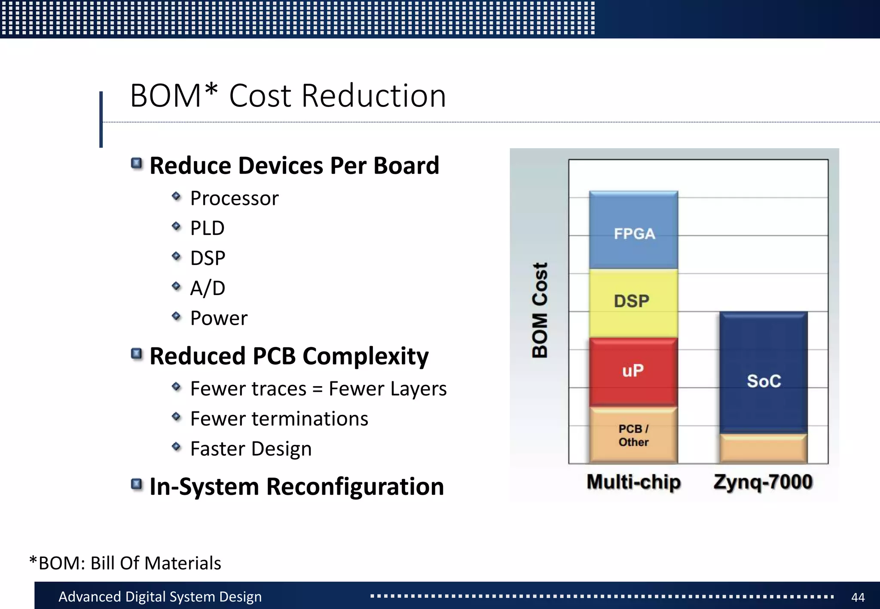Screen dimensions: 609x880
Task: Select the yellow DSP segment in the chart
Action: pos(633,302)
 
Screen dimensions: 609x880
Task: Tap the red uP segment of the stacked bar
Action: pos(633,371)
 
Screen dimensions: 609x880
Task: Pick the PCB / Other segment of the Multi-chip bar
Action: pos(633,435)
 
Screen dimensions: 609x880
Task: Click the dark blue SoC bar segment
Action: pos(764,372)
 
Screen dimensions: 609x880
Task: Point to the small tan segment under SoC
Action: pos(764,449)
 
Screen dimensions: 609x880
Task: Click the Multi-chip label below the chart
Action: pos(634,482)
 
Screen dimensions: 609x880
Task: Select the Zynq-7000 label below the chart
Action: pos(763,482)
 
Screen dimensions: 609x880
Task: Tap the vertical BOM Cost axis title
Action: pos(540,310)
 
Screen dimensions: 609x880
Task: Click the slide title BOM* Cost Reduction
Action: pos(288,95)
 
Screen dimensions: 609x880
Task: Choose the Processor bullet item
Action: pos(234,198)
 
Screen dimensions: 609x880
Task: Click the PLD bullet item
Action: pos(207,228)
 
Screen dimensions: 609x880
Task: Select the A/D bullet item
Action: pos(208,288)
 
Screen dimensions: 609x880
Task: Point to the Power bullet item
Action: pos(219,318)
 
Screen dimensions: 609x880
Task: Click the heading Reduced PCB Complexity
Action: pos(289,356)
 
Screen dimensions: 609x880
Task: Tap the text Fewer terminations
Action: pos(279,419)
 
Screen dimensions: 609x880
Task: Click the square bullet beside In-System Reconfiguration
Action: pos(137,484)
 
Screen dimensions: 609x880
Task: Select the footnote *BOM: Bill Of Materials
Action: pos(125,563)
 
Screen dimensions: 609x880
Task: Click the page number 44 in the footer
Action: pos(858,597)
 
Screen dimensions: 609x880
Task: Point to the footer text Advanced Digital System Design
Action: pos(160,597)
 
